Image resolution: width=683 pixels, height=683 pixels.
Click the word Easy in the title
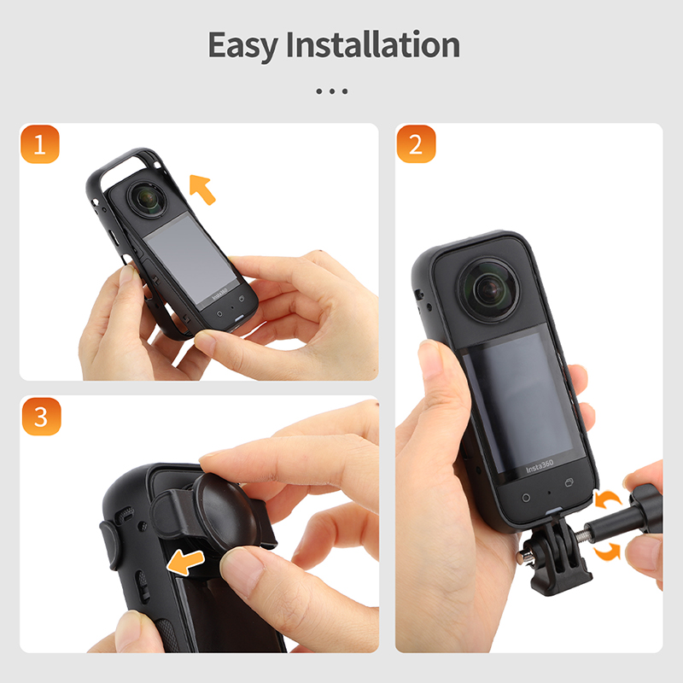pyautogui.click(x=243, y=46)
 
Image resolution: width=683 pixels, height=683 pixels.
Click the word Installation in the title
pyautogui.click(x=373, y=44)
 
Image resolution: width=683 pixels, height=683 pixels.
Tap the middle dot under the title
pyautogui.click(x=332, y=91)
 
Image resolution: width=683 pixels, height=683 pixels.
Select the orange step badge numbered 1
pyautogui.click(x=39, y=144)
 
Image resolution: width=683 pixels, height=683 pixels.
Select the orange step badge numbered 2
pyautogui.click(x=416, y=144)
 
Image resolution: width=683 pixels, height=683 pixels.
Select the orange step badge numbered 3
pyautogui.click(x=41, y=417)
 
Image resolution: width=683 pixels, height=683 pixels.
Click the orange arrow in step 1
pyautogui.click(x=202, y=189)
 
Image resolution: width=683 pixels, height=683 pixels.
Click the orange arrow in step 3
pyautogui.click(x=185, y=563)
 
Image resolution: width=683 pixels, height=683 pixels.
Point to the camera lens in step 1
pyautogui.click(x=148, y=199)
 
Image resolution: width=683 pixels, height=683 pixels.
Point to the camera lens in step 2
pyautogui.click(x=489, y=289)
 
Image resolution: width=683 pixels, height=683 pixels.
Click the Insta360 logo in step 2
pyautogui.click(x=540, y=467)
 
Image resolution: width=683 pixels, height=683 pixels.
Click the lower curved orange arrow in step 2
pyautogui.click(x=607, y=551)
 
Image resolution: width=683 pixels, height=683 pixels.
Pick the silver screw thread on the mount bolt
pyautogui.click(x=579, y=536)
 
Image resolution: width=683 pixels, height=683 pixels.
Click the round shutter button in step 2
pyautogui.click(x=526, y=498)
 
